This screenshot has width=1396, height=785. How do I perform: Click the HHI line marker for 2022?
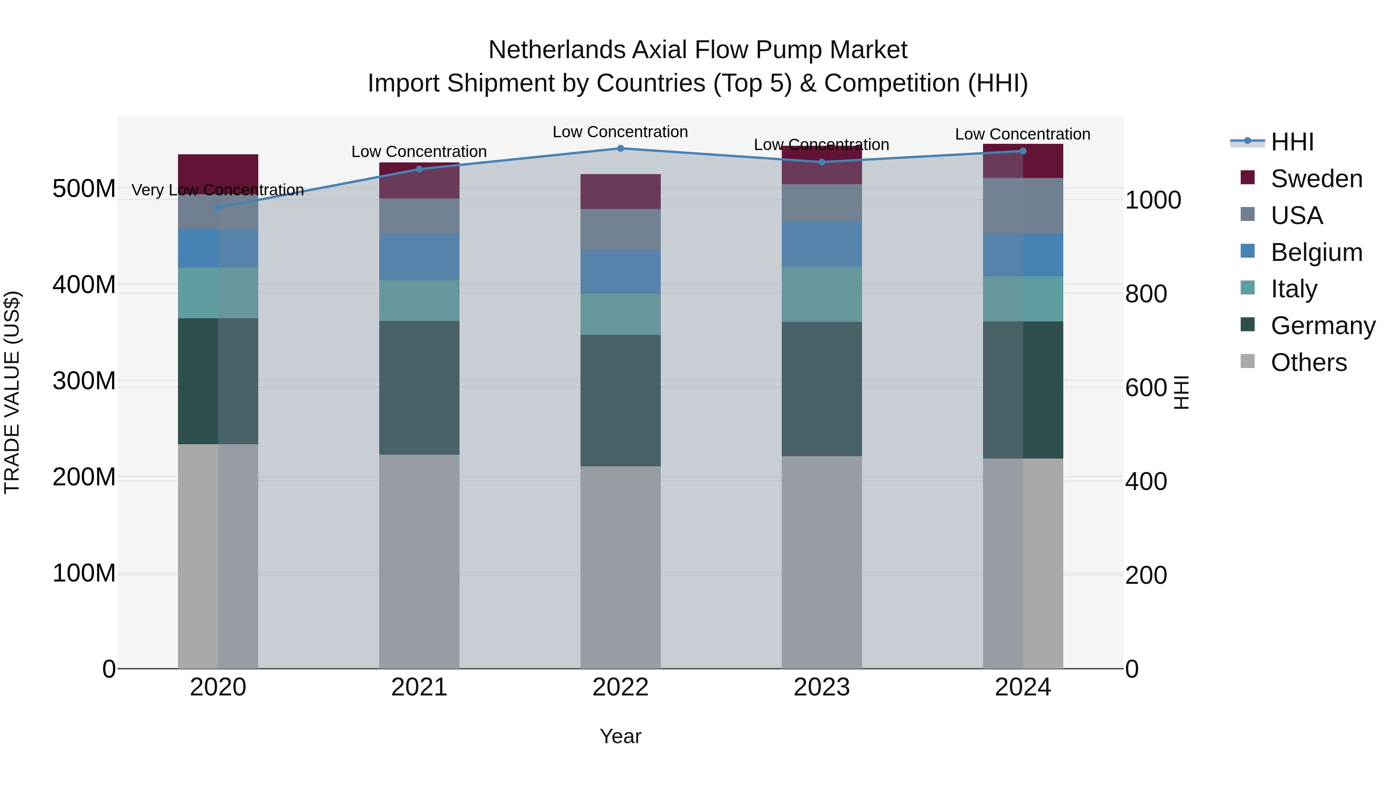pos(620,148)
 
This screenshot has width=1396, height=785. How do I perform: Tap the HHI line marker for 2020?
pos(218,207)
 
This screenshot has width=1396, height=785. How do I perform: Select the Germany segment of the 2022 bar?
pos(620,400)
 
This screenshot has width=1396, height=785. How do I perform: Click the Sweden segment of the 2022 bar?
pos(620,191)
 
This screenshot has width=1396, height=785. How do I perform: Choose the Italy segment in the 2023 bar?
pos(822,294)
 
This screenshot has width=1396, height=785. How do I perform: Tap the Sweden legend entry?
pos(1316,179)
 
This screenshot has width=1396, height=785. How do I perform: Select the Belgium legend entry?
pos(1316,252)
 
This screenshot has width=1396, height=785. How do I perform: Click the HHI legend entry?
pos(1292,142)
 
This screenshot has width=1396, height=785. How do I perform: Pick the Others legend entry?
pos(1308,362)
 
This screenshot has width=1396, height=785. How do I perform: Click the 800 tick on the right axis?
pos(1145,294)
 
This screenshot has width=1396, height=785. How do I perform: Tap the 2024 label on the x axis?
pos(1023,687)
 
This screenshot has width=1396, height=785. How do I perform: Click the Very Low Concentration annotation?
pos(218,190)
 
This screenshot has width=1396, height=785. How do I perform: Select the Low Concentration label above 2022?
pos(620,132)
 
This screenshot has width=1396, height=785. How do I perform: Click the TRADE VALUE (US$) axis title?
pos(12,392)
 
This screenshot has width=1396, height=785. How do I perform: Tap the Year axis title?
pos(620,736)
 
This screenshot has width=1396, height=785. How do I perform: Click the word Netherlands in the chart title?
pos(556,50)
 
